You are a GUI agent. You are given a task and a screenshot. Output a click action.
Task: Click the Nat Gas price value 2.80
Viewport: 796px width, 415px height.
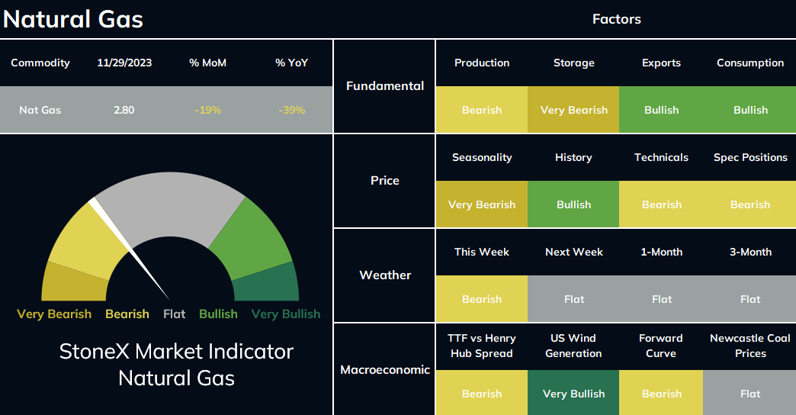(124, 110)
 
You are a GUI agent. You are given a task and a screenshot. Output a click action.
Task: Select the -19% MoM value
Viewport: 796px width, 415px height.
(207, 110)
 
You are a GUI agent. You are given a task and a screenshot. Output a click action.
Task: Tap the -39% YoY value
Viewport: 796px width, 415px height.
(291, 110)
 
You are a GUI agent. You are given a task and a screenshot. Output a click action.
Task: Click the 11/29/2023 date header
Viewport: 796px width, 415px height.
(124, 63)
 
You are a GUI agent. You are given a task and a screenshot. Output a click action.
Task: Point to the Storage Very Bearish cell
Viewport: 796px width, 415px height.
(573, 110)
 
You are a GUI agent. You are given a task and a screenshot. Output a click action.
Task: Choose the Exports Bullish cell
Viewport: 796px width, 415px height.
(661, 110)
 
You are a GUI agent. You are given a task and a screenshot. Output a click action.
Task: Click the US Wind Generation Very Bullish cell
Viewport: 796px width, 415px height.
(573, 394)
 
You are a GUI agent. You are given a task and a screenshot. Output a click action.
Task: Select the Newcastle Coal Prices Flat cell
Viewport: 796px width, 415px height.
(749, 394)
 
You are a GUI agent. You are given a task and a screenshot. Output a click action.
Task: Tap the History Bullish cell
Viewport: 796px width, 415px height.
(573, 204)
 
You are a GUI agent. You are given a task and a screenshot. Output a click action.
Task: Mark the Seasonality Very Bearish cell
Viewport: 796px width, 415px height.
(482, 204)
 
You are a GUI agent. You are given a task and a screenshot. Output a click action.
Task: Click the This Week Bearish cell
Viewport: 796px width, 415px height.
(482, 299)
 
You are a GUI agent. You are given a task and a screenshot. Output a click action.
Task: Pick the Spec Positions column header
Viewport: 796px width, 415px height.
(750, 157)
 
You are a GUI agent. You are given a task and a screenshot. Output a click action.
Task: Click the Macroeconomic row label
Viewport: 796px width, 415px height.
(385, 370)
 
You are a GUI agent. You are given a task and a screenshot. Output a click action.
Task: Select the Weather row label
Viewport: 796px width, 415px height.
(385, 275)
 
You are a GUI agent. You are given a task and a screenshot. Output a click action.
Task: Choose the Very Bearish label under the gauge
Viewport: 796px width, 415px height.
(54, 314)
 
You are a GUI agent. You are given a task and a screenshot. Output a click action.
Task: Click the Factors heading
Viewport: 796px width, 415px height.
(616, 19)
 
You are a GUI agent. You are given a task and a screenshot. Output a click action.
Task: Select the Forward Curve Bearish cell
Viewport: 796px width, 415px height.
(661, 394)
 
